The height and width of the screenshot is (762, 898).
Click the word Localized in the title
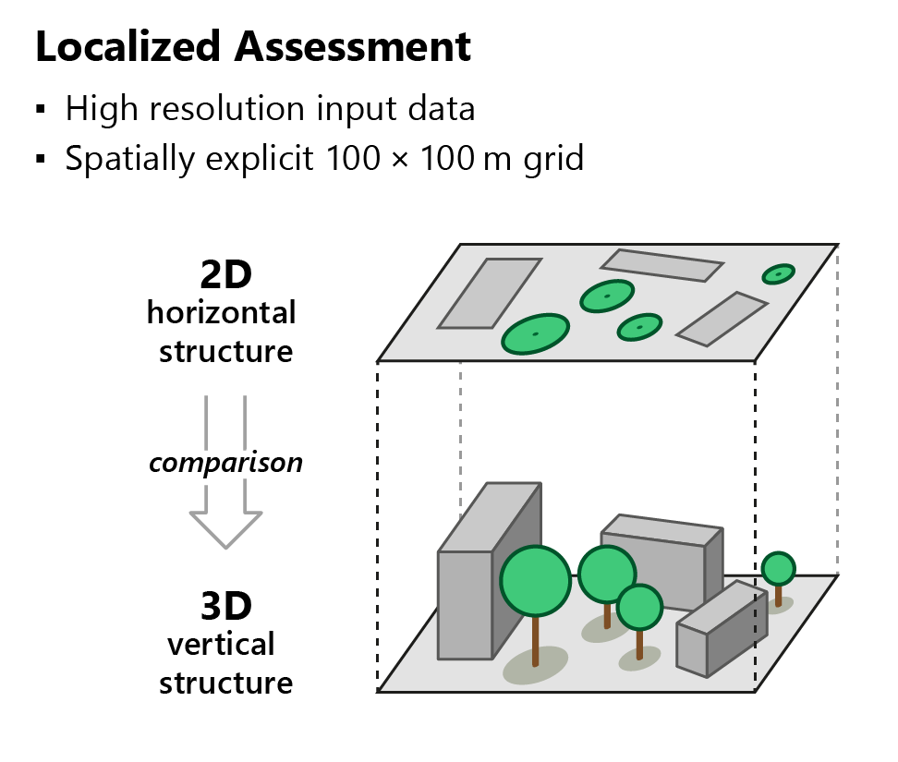click(x=130, y=46)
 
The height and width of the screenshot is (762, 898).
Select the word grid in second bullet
click(x=551, y=159)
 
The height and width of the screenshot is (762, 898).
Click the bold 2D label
click(x=225, y=274)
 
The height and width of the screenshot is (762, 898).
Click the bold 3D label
click(x=225, y=607)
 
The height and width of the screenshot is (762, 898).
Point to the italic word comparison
click(x=225, y=462)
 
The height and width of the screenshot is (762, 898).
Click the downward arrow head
click(x=225, y=529)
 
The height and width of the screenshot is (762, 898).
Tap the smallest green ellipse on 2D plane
click(x=778, y=273)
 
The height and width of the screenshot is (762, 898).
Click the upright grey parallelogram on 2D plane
click(x=489, y=293)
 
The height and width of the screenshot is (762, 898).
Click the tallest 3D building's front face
click(x=465, y=605)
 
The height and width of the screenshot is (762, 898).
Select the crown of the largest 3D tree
click(x=535, y=581)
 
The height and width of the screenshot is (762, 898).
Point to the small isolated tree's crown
click(x=778, y=567)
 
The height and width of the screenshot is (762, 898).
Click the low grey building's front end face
click(x=692, y=647)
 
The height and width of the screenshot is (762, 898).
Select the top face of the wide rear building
click(x=660, y=530)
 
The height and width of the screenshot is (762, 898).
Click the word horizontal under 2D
click(x=222, y=312)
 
